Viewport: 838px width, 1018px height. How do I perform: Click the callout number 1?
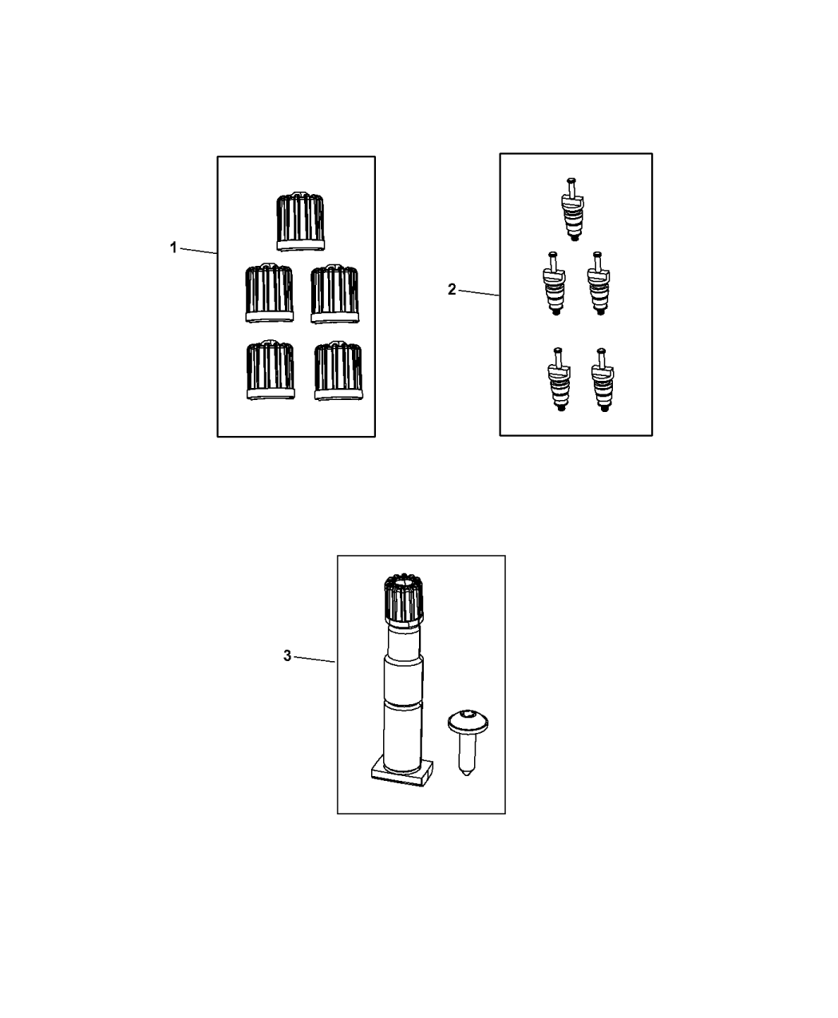tap(173, 248)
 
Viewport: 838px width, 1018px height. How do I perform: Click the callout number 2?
tap(452, 290)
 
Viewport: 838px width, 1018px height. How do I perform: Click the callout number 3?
tap(287, 656)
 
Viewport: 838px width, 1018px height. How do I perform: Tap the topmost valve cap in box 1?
tap(300, 221)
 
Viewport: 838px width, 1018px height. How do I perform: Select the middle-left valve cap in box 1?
tap(269, 293)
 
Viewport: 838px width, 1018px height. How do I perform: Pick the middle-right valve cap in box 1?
tap(335, 294)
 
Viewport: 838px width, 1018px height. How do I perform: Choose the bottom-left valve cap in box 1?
tap(271, 370)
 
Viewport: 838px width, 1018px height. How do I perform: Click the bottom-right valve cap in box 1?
tap(338, 371)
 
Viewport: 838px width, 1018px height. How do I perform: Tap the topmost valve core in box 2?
tap(572, 209)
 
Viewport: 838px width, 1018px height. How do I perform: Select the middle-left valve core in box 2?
tap(554, 283)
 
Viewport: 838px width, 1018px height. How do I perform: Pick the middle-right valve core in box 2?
tap(599, 283)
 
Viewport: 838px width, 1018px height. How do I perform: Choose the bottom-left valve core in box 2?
tap(559, 380)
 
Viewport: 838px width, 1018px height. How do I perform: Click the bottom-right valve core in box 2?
tap(603, 380)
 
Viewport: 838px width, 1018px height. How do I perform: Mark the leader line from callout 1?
tap(199, 251)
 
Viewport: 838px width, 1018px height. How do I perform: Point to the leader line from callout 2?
tap(479, 293)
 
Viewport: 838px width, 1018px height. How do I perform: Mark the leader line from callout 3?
tap(314, 660)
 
